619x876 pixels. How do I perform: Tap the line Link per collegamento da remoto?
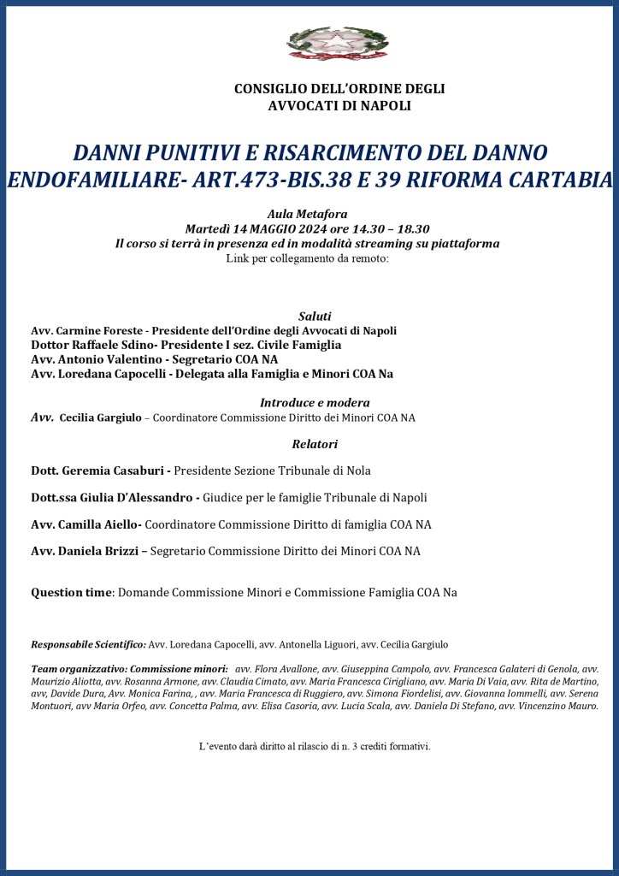[x=308, y=257]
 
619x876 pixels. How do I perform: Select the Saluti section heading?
[x=315, y=316]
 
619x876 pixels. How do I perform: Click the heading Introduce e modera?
[x=315, y=403]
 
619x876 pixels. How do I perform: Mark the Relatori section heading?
[x=315, y=444]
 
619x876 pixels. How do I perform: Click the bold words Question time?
[x=72, y=592]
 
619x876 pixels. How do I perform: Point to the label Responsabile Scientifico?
[x=88, y=644]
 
